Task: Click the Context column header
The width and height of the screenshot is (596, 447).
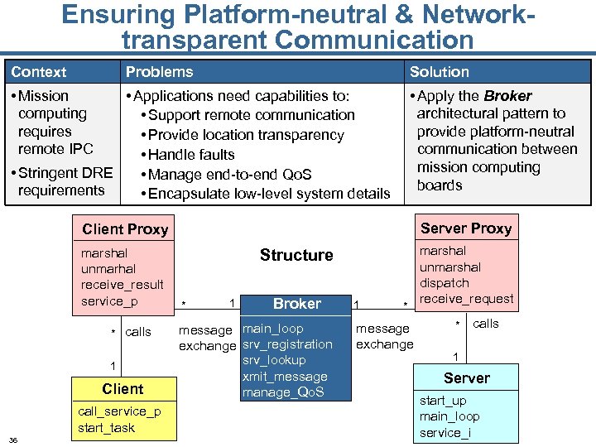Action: tap(39, 72)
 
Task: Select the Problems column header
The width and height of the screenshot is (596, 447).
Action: tap(159, 72)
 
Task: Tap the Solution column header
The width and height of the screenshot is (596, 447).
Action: tap(439, 72)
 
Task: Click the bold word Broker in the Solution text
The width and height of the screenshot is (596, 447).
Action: tap(507, 96)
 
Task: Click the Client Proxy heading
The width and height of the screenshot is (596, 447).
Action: tap(125, 229)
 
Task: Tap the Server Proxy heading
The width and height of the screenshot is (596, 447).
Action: tap(466, 228)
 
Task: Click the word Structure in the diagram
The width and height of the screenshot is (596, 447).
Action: tap(296, 255)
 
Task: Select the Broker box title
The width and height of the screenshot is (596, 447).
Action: tap(296, 304)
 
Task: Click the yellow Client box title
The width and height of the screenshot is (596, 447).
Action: tap(123, 389)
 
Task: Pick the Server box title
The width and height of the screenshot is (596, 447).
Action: tap(467, 378)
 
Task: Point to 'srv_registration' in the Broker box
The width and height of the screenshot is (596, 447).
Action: tap(287, 344)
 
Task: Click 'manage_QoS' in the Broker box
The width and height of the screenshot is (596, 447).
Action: tap(282, 392)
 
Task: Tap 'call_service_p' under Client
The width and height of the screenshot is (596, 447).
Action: tap(119, 411)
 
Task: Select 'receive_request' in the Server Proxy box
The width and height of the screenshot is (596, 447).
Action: tap(466, 298)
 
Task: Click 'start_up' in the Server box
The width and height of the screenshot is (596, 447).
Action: tap(443, 401)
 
